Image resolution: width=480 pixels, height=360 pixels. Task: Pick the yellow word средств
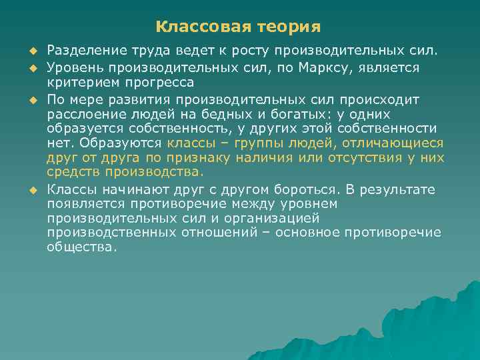pyautogui.click(x=70, y=172)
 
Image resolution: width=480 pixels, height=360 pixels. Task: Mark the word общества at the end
pyautogui.click(x=81, y=247)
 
